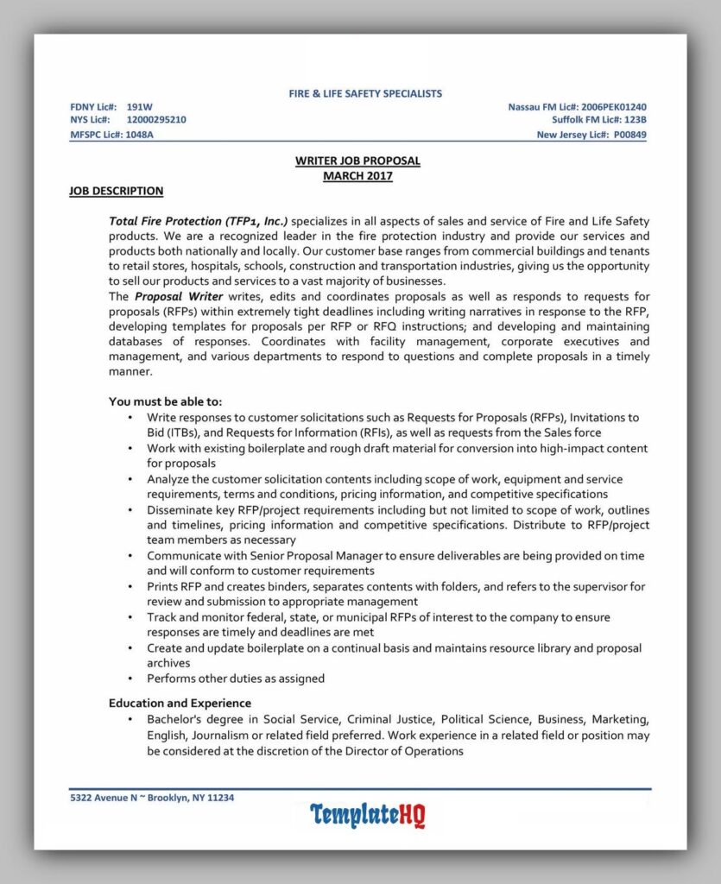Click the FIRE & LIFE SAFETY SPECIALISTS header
pyautogui.click(x=364, y=93)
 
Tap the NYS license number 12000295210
pyautogui.click(x=155, y=120)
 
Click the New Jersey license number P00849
pyautogui.click(x=629, y=135)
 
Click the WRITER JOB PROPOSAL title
pyautogui.click(x=357, y=161)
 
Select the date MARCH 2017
pyautogui.click(x=357, y=176)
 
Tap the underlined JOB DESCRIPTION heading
pyautogui.click(x=116, y=191)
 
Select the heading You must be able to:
pyautogui.click(x=165, y=401)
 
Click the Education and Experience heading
pyautogui.click(x=180, y=703)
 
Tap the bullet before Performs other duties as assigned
pyautogui.click(x=130, y=679)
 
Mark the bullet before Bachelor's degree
pyautogui.click(x=130, y=720)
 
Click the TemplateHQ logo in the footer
pyautogui.click(x=367, y=814)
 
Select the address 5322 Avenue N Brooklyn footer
pyautogui.click(x=152, y=798)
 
